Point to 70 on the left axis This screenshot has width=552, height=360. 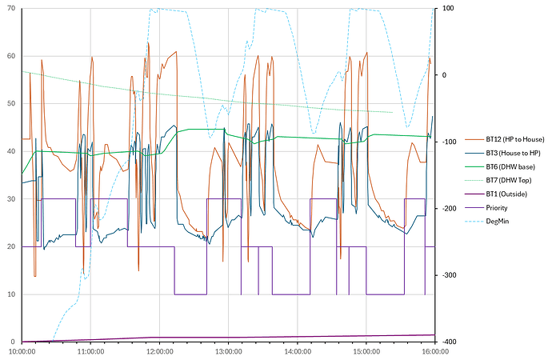click(x=10, y=9)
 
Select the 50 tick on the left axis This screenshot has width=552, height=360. click(x=10, y=104)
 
